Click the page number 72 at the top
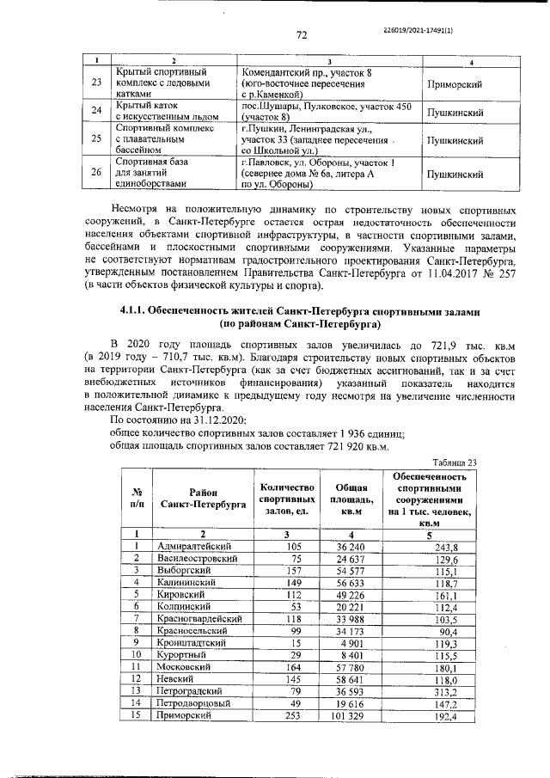302,34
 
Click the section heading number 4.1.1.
133,311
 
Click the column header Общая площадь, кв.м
349,499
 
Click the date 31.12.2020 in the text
218,419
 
